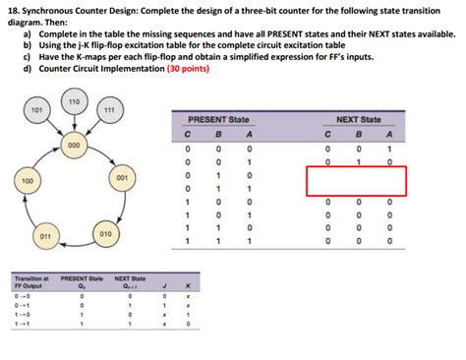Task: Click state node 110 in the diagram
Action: [x=73, y=103]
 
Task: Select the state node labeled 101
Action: [x=37, y=110]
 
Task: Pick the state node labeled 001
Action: [x=122, y=178]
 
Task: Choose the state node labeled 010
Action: [x=104, y=234]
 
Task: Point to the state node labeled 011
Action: [x=44, y=237]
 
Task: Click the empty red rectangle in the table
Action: [x=355, y=180]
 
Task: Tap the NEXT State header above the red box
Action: [x=360, y=118]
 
